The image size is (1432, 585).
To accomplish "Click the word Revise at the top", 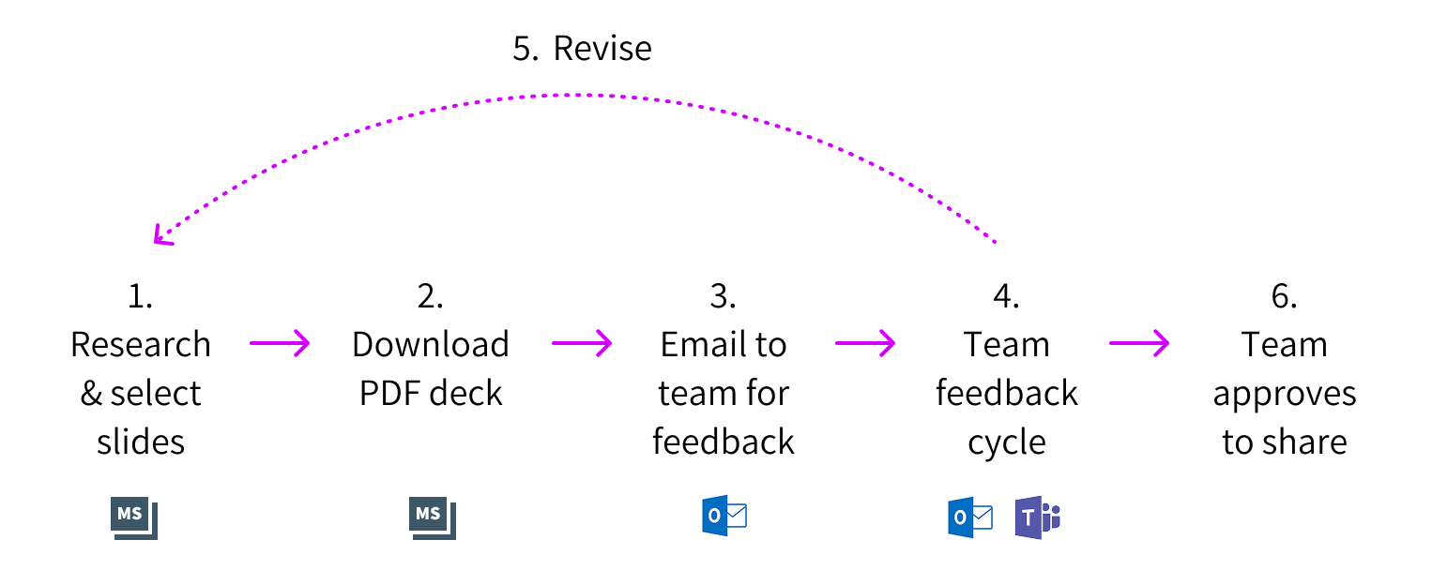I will [x=602, y=49].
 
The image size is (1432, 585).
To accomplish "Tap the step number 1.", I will [x=140, y=296].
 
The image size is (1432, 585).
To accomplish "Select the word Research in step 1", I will [x=141, y=345].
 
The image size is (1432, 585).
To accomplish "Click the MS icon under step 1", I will [x=133, y=518].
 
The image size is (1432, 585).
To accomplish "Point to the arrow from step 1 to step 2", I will [x=280, y=344].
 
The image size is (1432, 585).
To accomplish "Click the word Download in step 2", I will [x=431, y=345].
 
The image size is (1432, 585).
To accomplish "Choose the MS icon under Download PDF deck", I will [x=432, y=518].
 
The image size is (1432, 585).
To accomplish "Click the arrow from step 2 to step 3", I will [x=582, y=344].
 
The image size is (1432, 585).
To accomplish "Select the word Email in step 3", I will [x=693, y=345].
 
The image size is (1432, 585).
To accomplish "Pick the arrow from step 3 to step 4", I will [x=865, y=344].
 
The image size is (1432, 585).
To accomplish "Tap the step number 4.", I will [x=1006, y=296].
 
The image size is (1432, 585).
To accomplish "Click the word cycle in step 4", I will [x=1007, y=442].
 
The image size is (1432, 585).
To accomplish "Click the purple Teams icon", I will [x=1036, y=518].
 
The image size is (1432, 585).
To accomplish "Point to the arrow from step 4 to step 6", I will [x=1139, y=344].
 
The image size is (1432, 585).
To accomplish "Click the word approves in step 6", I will [x=1284, y=394].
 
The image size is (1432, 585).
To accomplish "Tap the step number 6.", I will [x=1284, y=296].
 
